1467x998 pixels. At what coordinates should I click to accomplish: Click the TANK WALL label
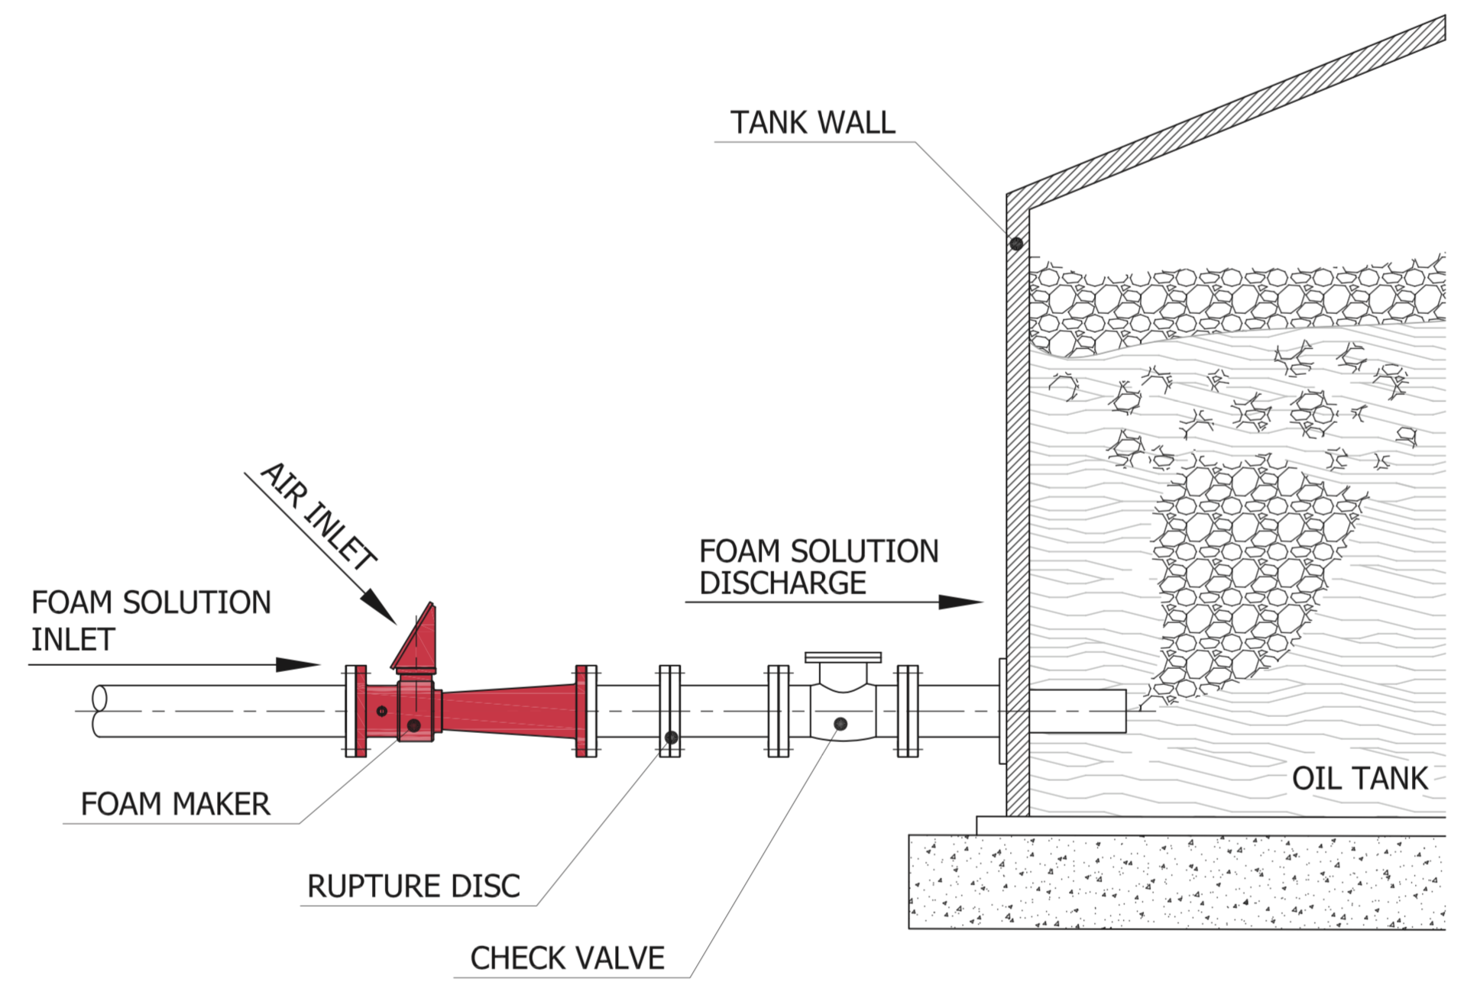pos(812,122)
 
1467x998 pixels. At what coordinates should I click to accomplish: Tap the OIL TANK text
pos(1359,779)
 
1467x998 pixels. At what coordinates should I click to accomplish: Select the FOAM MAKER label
pos(175,804)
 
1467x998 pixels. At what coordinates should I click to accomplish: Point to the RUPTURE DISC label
pos(413,886)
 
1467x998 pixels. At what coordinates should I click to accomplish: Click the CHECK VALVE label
pos(567,958)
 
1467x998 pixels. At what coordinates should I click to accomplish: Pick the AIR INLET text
pos(319,516)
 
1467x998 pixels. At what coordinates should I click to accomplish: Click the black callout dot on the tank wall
pos(1016,244)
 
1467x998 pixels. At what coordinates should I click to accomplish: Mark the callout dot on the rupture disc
pos(671,738)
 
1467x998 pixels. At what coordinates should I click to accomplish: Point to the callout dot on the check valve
pos(840,723)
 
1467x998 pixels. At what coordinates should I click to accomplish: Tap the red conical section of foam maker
pos(508,712)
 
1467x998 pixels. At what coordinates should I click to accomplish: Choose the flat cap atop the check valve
pos(843,657)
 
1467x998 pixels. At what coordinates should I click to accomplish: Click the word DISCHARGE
pos(782,583)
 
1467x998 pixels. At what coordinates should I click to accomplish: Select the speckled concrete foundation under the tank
pos(1177,882)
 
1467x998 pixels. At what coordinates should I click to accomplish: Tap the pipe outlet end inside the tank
pos(1123,711)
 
